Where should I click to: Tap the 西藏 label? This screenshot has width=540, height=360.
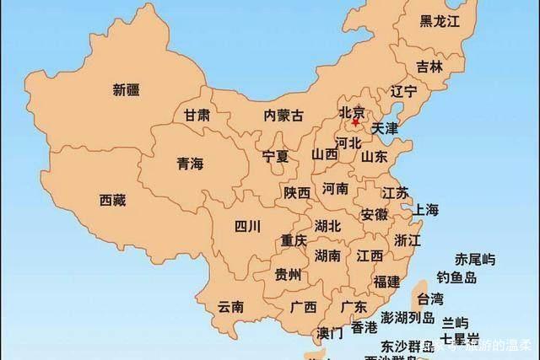coord(112,200)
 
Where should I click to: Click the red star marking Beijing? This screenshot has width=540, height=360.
coord(355,122)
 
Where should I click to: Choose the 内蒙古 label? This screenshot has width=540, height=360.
coord(283,116)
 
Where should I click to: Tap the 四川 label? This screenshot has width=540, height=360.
coord(247,225)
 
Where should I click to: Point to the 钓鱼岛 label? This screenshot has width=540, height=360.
coord(457,277)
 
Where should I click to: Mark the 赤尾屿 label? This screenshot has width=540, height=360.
coord(475,258)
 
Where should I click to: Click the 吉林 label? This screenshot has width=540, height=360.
coord(429,67)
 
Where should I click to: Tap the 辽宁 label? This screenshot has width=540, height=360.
coord(404,91)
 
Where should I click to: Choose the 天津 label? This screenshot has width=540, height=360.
coord(385,129)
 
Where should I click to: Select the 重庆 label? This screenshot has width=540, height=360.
coord(294,240)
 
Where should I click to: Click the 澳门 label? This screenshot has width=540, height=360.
coord(330,332)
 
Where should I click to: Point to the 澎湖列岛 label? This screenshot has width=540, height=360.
coord(408,318)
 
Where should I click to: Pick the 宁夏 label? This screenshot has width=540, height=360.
coord(275,157)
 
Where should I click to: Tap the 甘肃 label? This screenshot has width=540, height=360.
coord(197,116)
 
